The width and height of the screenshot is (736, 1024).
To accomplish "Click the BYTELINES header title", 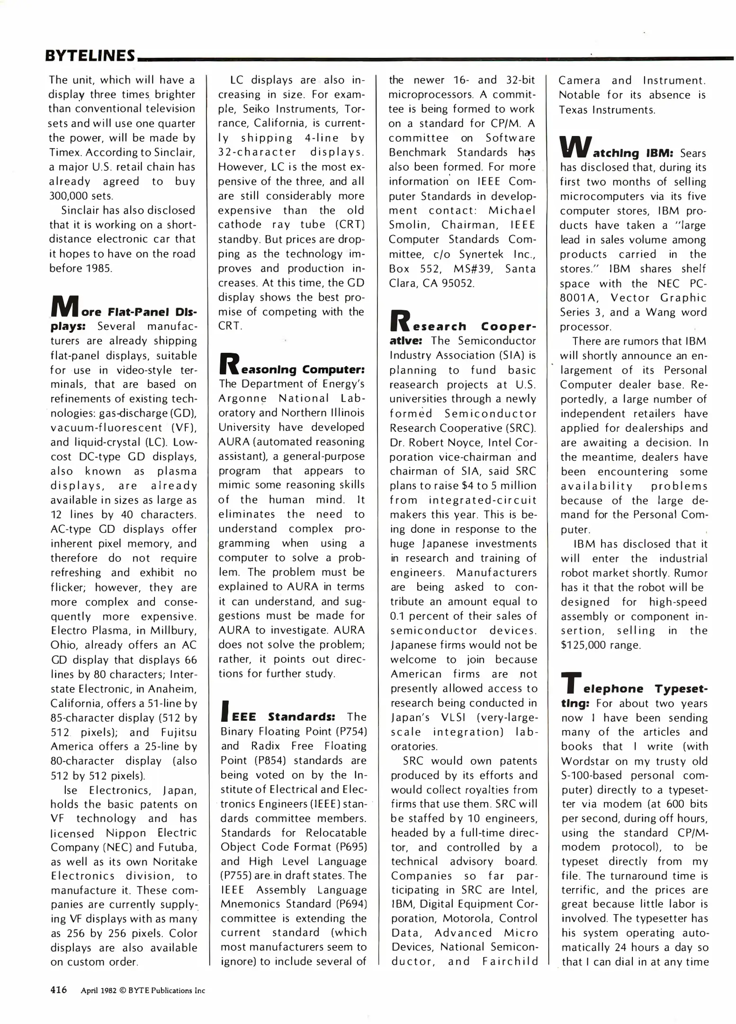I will tap(90, 56).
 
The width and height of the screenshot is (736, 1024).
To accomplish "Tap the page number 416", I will tap(59, 990).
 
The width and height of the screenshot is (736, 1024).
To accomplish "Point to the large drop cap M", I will tap(64, 307).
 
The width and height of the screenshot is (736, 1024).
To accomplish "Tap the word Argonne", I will tap(242, 398).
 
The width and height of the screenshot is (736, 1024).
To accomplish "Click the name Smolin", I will tap(409, 225).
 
